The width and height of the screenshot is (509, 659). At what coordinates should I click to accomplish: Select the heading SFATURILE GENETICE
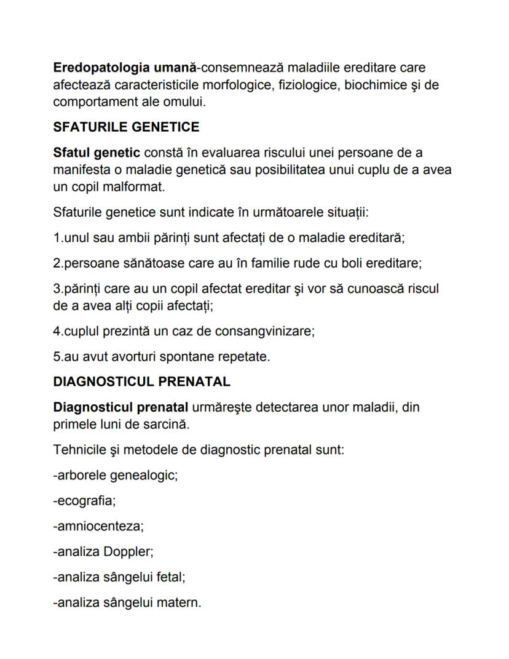pos(126,127)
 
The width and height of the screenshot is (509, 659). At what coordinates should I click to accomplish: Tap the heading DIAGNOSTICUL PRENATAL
pos(141,381)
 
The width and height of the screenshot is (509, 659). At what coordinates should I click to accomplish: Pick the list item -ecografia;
pos(84,501)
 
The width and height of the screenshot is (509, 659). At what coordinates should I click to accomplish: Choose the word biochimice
pos(374,84)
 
